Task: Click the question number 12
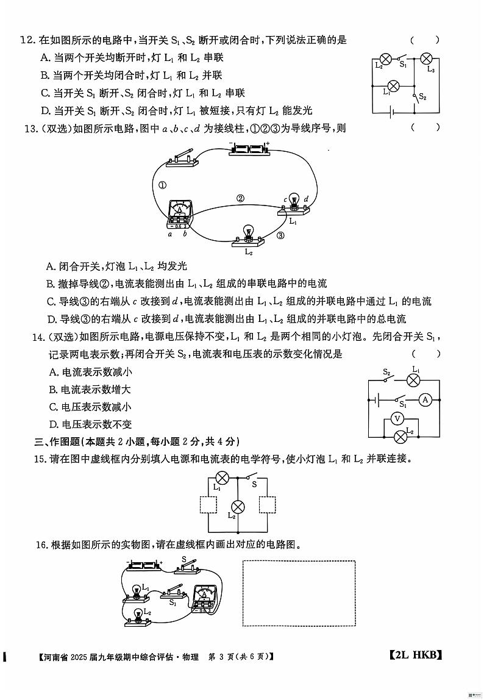26,40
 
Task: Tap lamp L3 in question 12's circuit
427,59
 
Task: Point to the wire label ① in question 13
162,186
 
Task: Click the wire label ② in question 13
240,198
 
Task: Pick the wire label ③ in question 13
280,236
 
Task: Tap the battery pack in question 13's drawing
249,149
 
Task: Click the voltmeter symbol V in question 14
397,418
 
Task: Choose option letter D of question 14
53,424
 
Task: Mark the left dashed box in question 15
209,506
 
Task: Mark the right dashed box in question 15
268,506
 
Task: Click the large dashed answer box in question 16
299,593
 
